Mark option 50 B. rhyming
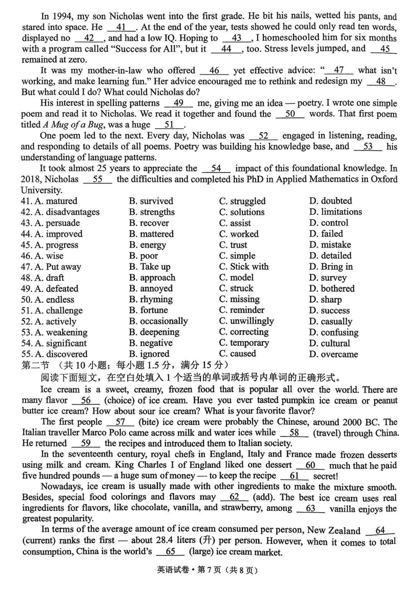151,299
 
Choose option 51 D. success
330,311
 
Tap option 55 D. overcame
333,354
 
